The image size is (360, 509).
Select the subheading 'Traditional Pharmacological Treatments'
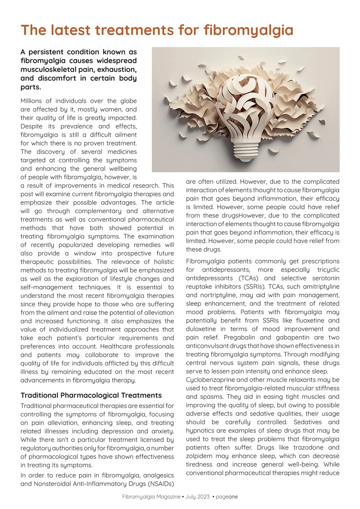click(91, 395)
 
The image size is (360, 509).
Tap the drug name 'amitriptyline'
click(319, 287)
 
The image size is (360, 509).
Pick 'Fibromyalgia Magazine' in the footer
click(151, 497)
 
